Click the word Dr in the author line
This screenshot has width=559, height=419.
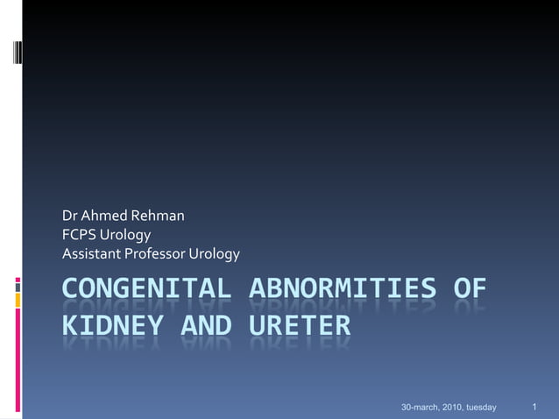click(x=69, y=216)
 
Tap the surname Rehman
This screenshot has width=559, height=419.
click(x=158, y=216)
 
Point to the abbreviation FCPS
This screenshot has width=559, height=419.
click(x=78, y=235)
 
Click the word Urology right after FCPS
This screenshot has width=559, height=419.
click(x=125, y=235)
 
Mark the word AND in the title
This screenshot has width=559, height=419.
click(x=209, y=326)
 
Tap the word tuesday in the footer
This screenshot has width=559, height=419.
click(x=481, y=408)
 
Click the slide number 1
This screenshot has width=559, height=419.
click(x=534, y=407)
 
